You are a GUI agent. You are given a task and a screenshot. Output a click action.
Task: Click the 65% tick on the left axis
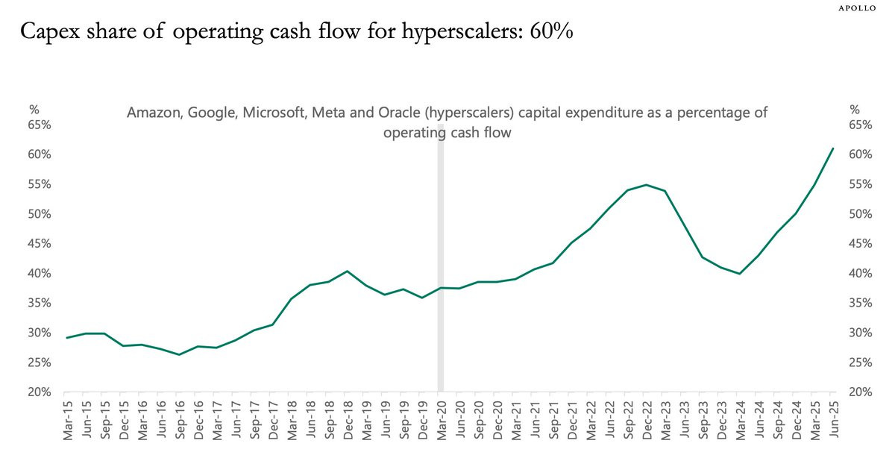click(x=40, y=125)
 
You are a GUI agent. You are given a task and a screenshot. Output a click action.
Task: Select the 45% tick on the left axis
click(x=40, y=244)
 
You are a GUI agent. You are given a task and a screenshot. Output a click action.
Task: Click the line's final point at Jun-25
click(x=832, y=148)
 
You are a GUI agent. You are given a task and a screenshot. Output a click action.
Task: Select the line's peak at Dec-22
click(x=646, y=185)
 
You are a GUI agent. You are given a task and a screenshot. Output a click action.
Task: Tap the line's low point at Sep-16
click(x=179, y=354)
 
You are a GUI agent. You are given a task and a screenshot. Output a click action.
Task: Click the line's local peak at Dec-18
click(x=348, y=271)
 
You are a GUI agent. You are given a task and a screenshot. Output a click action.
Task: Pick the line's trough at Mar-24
click(x=739, y=274)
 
